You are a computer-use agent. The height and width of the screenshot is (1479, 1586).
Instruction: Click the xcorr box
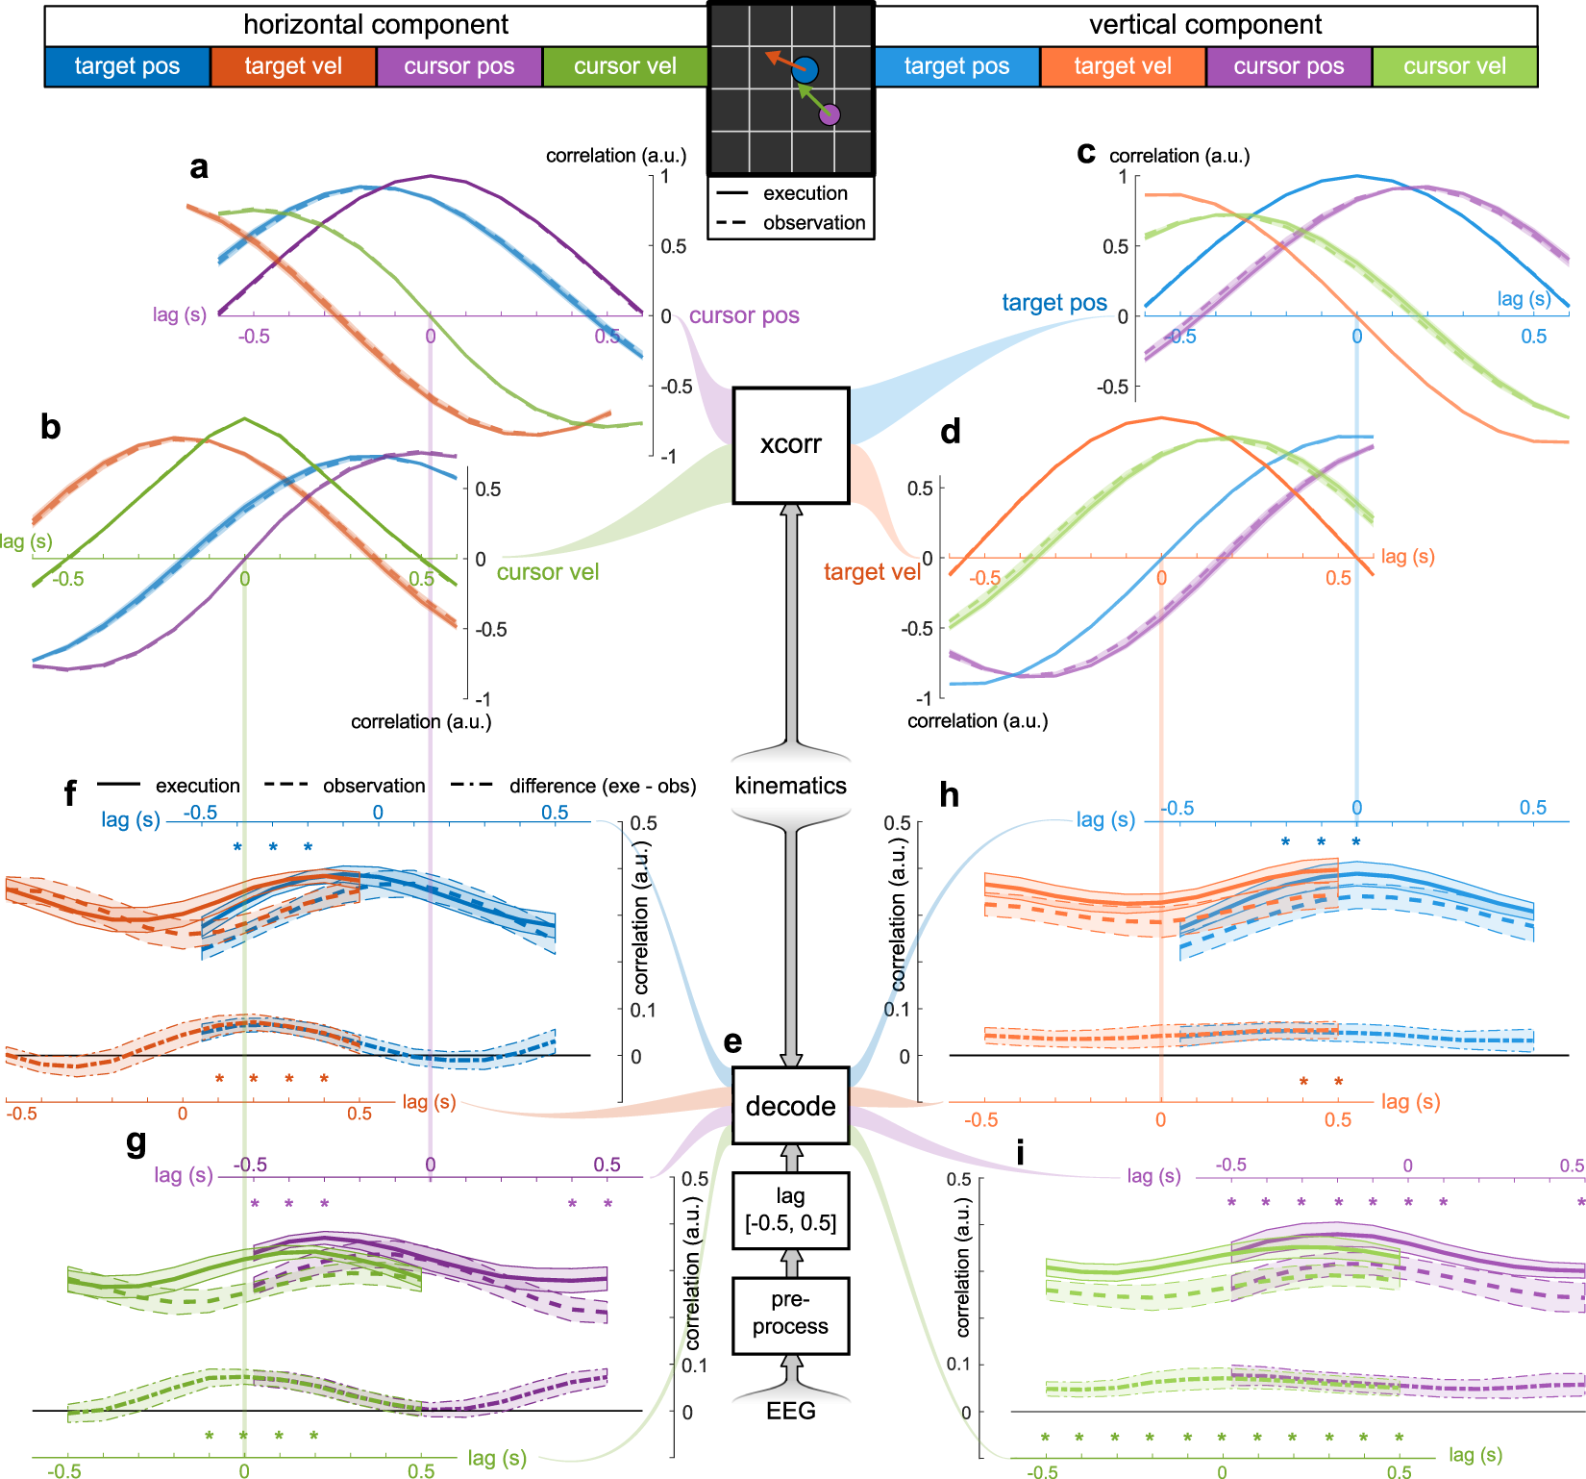[790, 445]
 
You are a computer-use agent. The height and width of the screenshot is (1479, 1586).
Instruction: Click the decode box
[790, 1106]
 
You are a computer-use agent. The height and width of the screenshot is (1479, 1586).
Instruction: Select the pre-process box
[790, 1314]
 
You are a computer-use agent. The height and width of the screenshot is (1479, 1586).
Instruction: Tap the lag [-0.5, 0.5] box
[790, 1210]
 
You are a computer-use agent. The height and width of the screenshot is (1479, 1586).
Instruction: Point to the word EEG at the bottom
[790, 1411]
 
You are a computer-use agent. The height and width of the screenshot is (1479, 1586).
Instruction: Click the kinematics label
[790, 786]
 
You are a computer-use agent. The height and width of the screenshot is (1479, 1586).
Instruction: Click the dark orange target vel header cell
[293, 66]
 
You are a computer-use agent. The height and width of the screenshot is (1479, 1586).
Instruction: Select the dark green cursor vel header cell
[625, 66]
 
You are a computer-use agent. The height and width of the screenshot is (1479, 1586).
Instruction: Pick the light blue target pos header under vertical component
[956, 66]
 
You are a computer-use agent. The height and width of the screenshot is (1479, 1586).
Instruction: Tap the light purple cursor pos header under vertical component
[1289, 66]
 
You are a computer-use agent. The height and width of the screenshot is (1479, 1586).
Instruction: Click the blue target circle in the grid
[805, 69]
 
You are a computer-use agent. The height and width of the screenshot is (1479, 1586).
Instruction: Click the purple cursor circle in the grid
[830, 114]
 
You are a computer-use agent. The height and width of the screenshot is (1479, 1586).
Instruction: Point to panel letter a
[199, 167]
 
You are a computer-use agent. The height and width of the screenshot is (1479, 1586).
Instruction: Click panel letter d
[951, 432]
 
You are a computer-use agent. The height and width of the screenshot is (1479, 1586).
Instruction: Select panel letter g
[136, 1141]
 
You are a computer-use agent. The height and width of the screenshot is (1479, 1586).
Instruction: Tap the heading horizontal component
[376, 25]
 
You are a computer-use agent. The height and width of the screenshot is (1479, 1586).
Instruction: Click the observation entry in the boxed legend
[813, 223]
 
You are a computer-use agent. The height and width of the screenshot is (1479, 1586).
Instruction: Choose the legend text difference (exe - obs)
[602, 786]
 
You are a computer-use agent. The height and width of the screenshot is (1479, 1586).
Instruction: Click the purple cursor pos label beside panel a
[744, 315]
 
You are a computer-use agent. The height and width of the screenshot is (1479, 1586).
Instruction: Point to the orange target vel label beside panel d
[872, 572]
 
